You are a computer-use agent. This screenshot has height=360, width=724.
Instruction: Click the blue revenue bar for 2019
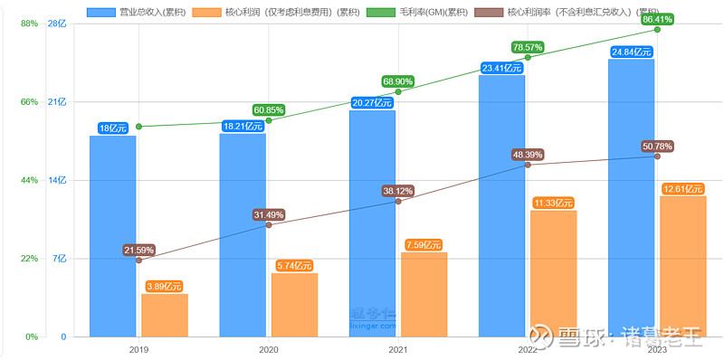(x=112, y=235)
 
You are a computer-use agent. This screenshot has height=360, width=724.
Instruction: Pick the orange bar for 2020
(x=294, y=304)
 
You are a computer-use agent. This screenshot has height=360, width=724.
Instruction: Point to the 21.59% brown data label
(x=138, y=250)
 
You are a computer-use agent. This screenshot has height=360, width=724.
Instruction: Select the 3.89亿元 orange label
(x=165, y=287)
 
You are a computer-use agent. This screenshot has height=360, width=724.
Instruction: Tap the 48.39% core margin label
(x=528, y=155)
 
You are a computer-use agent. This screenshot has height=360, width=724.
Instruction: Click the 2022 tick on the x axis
(x=528, y=349)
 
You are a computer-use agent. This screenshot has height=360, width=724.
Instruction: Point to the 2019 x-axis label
(x=138, y=349)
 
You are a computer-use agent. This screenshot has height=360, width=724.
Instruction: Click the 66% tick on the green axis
(x=30, y=102)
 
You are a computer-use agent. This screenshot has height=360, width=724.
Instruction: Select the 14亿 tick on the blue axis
(x=58, y=181)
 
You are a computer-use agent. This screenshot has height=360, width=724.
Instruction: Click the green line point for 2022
(x=528, y=57)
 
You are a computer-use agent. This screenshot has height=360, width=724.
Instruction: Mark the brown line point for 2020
(x=269, y=224)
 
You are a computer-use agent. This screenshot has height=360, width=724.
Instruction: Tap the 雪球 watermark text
(x=579, y=338)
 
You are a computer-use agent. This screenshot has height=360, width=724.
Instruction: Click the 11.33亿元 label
(x=554, y=204)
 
